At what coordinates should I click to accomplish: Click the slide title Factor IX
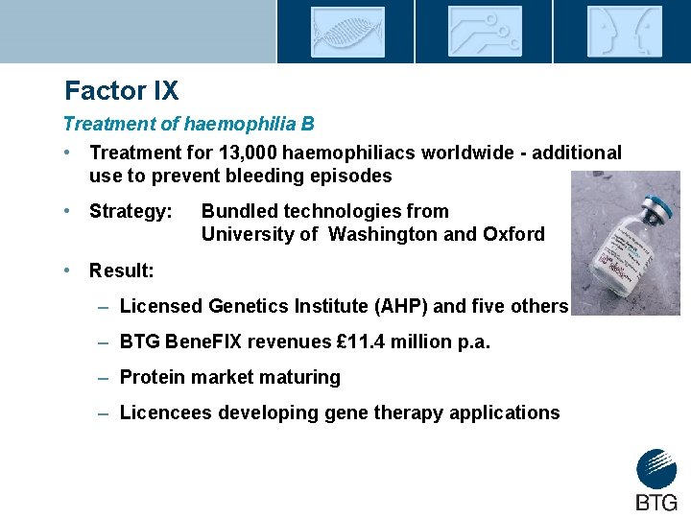[121, 91]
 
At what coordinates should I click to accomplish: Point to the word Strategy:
[131, 211]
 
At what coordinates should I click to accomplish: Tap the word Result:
[121, 271]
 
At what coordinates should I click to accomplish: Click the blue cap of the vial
[656, 206]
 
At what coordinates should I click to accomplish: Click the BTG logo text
[656, 501]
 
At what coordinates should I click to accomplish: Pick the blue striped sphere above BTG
[656, 469]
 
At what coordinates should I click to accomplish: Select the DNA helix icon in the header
[346, 32]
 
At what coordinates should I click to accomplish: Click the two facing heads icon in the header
[623, 32]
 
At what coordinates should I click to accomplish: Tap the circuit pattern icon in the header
[485, 32]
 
